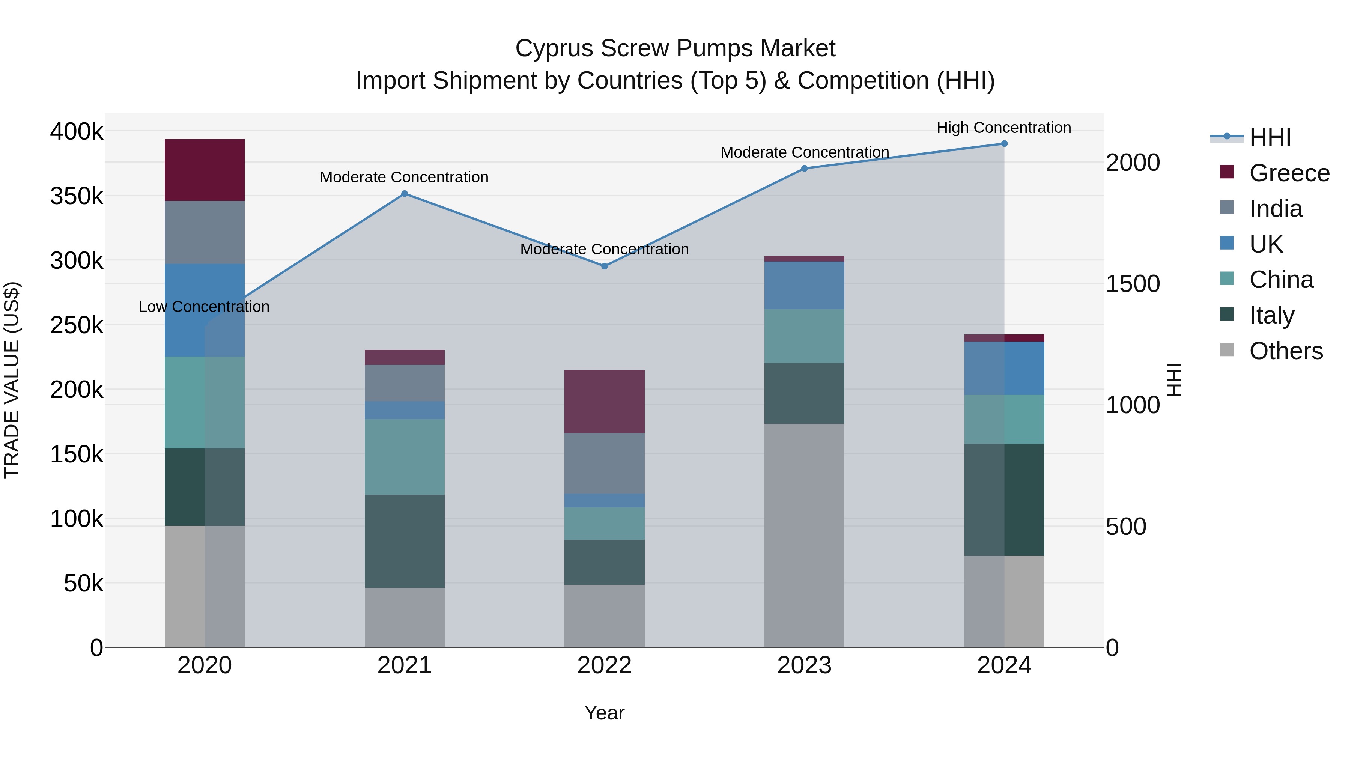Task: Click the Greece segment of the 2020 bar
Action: [205, 170]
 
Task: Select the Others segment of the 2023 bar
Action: [804, 535]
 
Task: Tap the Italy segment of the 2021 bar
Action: [404, 541]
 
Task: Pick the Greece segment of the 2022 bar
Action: [604, 401]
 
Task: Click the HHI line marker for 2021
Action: [404, 194]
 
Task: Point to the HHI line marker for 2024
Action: [1004, 144]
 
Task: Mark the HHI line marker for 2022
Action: [604, 266]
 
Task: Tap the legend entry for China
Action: [1281, 280]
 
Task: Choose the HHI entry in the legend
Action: [1269, 137]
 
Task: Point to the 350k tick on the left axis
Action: [77, 196]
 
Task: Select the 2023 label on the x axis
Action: [804, 665]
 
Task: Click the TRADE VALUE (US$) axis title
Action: [12, 380]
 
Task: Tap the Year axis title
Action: [604, 713]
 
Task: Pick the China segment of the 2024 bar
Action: [1004, 419]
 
